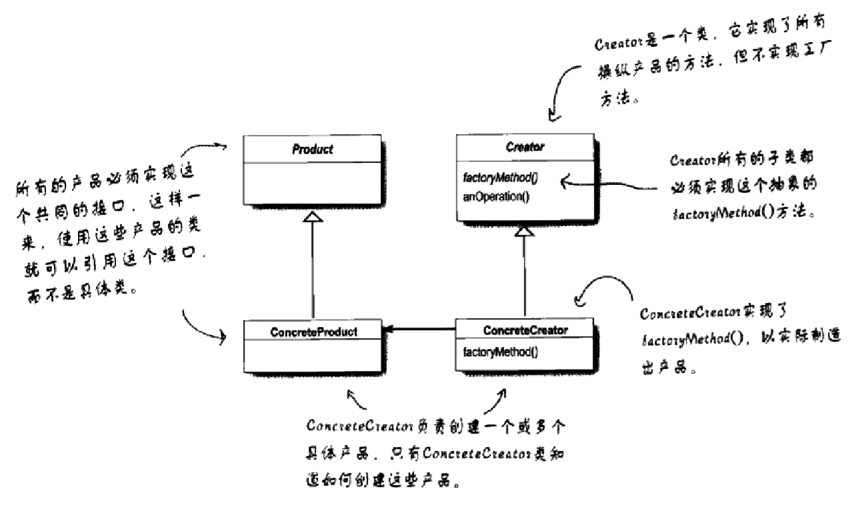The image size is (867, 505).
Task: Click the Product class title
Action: coord(312,149)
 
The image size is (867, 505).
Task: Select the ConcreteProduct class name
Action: coord(312,331)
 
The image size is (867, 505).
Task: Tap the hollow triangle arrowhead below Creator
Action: coord(525,231)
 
